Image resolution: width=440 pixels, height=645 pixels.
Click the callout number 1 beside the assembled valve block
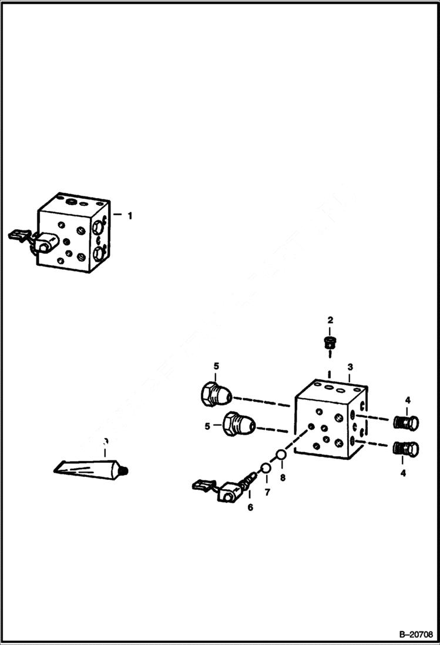pyautogui.click(x=130, y=216)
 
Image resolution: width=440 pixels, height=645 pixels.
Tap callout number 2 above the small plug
pyautogui.click(x=330, y=320)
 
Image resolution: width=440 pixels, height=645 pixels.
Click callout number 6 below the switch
pyautogui.click(x=250, y=507)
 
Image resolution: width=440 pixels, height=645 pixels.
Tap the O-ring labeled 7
pyautogui.click(x=266, y=468)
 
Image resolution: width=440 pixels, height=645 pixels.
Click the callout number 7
pyautogui.click(x=267, y=493)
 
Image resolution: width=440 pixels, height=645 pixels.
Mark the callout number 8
pyautogui.click(x=283, y=478)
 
